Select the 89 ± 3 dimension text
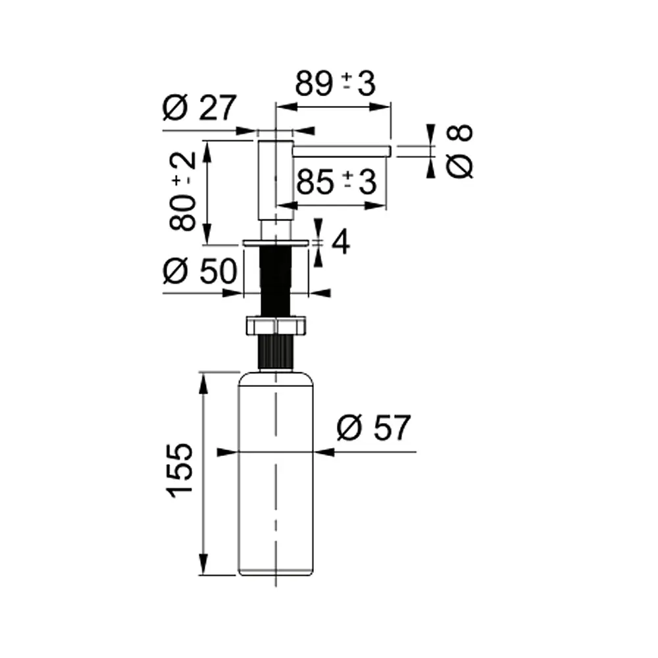[335, 84]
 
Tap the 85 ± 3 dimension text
[336, 182]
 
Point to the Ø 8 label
[460, 151]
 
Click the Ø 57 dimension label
[374, 428]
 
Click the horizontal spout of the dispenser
[342, 151]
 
